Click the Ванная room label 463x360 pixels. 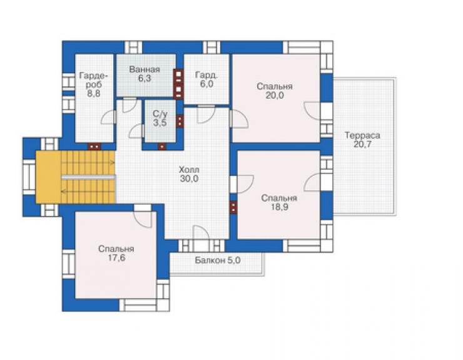145,69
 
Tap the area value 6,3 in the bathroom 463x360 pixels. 145,78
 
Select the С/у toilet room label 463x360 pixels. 160,113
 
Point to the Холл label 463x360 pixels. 190,170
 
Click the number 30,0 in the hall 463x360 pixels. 190,178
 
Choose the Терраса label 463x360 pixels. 362,136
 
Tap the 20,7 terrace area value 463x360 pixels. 362,145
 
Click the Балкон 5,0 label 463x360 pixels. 218,260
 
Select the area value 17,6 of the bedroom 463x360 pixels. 116,258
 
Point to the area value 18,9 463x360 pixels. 279,207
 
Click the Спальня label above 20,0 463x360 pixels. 274,86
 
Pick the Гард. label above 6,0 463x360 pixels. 206,75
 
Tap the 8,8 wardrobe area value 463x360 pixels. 94,93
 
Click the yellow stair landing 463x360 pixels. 48,177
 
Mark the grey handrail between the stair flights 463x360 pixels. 88,177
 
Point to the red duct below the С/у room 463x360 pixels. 162,147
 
